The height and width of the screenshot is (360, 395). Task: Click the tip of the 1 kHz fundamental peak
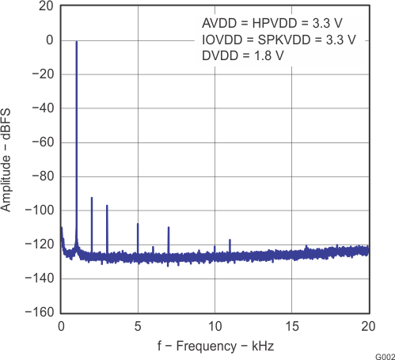pyautogui.click(x=76, y=42)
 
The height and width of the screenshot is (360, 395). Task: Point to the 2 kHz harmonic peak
pyautogui.click(x=92, y=199)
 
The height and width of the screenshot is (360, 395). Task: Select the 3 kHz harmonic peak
pyautogui.click(x=107, y=206)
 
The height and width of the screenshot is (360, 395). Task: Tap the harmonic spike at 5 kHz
pyautogui.click(x=138, y=224)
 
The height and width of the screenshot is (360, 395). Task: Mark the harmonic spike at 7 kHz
pyautogui.click(x=169, y=228)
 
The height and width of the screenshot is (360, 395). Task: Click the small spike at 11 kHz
pyautogui.click(x=230, y=240)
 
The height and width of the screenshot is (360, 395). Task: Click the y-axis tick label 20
pyautogui.click(x=47, y=6)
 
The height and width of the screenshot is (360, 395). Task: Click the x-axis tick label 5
pyautogui.click(x=138, y=326)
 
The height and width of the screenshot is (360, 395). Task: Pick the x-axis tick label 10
pyautogui.click(x=215, y=326)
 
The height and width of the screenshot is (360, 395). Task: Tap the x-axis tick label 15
pyautogui.click(x=291, y=326)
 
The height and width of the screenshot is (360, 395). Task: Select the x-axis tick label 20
pyautogui.click(x=368, y=326)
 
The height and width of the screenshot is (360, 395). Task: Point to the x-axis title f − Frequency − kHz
pyautogui.click(x=215, y=347)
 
